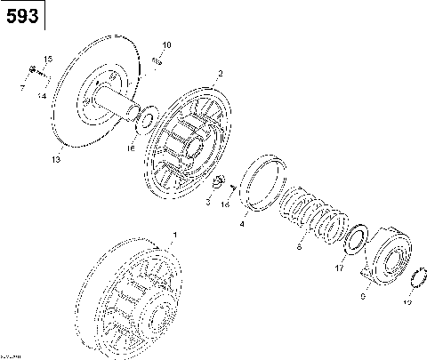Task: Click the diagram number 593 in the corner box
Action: point(22,17)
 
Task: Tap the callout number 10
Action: point(166,44)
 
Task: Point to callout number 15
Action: point(48,59)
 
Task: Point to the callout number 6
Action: point(299,250)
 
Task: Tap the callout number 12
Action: point(407,302)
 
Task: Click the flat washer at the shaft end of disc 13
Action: point(148,117)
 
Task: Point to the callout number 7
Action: point(23,87)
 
